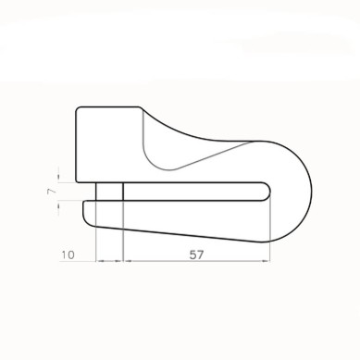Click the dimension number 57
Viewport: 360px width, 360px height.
(x=196, y=254)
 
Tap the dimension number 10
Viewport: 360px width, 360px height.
(x=68, y=255)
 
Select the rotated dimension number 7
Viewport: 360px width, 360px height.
(x=52, y=192)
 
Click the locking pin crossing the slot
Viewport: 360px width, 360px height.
(x=109, y=192)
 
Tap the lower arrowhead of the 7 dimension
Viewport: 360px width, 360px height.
(x=58, y=205)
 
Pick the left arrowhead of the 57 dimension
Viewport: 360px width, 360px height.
(x=127, y=261)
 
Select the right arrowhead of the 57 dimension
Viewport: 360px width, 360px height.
(x=266, y=261)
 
